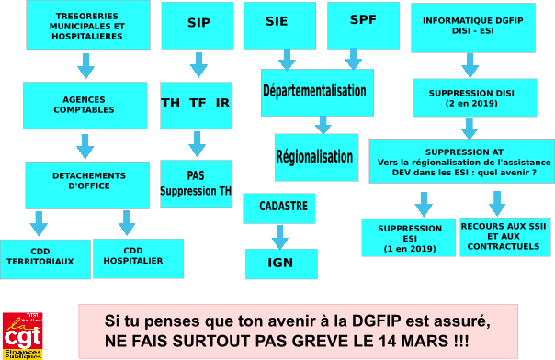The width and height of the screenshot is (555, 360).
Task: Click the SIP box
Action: click(198, 26)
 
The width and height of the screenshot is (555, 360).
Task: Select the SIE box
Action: click(279, 26)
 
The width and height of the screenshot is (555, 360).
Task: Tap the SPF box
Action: click(364, 26)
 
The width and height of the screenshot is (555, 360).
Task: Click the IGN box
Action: click(281, 264)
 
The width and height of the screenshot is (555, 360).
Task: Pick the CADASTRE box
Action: click(279, 208)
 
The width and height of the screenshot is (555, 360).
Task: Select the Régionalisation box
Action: click(317, 157)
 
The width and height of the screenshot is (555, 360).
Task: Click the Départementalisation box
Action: click(318, 93)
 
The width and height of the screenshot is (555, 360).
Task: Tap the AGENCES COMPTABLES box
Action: click(85, 106)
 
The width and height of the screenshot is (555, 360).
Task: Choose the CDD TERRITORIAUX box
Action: click(45, 259)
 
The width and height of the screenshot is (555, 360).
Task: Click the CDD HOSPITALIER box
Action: click(139, 258)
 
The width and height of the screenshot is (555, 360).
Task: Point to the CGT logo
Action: click(23, 336)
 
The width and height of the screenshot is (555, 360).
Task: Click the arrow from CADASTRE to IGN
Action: click(280, 237)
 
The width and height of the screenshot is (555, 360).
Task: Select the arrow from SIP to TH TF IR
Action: click(198, 65)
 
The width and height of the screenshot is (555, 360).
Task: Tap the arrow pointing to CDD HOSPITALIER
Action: click(127, 223)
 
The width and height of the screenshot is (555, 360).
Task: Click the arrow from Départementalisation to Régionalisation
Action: click(323, 125)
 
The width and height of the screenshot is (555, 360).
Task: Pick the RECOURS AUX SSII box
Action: click(505, 237)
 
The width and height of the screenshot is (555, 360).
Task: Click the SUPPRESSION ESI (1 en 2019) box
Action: click(409, 238)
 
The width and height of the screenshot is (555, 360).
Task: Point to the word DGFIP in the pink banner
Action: click(376, 321)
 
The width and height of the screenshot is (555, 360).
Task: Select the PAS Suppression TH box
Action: click(197, 184)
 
